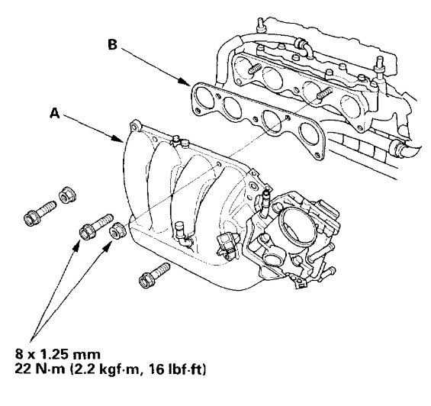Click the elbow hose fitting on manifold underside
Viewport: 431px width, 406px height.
click(x=180, y=230)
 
